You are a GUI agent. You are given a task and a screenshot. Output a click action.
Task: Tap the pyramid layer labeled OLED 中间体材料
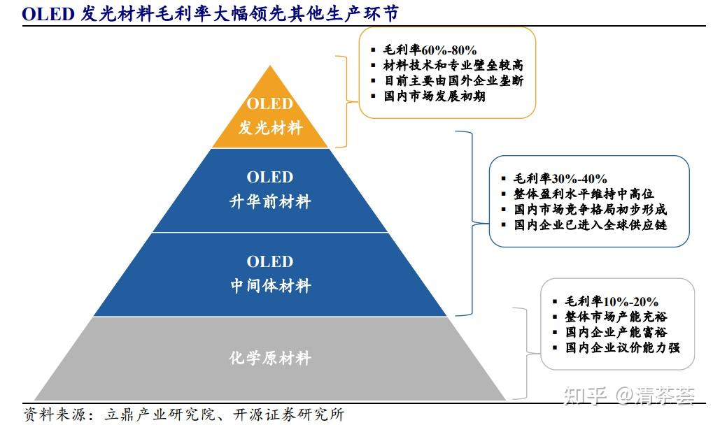click(x=270, y=274)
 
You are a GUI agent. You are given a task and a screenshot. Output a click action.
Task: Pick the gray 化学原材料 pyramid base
click(x=270, y=359)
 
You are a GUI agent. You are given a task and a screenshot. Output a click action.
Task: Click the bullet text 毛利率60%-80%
click(x=430, y=50)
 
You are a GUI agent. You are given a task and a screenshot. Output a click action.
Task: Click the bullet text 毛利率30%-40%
click(x=560, y=179)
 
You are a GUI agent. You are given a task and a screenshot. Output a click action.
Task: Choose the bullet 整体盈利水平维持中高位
click(x=584, y=194)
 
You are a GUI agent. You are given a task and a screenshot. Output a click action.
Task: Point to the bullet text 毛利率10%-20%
click(x=612, y=301)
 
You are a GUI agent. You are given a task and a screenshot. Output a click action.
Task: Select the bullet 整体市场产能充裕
click(x=616, y=317)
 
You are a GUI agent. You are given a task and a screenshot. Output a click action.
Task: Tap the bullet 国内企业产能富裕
click(x=616, y=332)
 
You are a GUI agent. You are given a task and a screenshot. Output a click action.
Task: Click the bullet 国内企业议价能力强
click(x=622, y=347)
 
